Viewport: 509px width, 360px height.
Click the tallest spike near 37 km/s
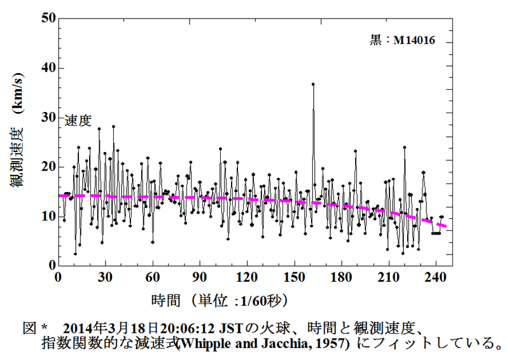click(x=313, y=84)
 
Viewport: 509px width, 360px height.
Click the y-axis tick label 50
click(x=46, y=18)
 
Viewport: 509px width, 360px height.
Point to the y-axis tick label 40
click(x=46, y=68)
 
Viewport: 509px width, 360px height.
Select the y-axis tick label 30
click(x=46, y=117)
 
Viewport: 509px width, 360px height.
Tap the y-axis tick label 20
click(x=46, y=167)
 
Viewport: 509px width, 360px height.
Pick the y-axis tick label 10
click(x=46, y=216)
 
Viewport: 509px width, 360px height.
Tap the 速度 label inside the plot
click(x=78, y=120)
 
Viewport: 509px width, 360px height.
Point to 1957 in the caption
click(x=333, y=344)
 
